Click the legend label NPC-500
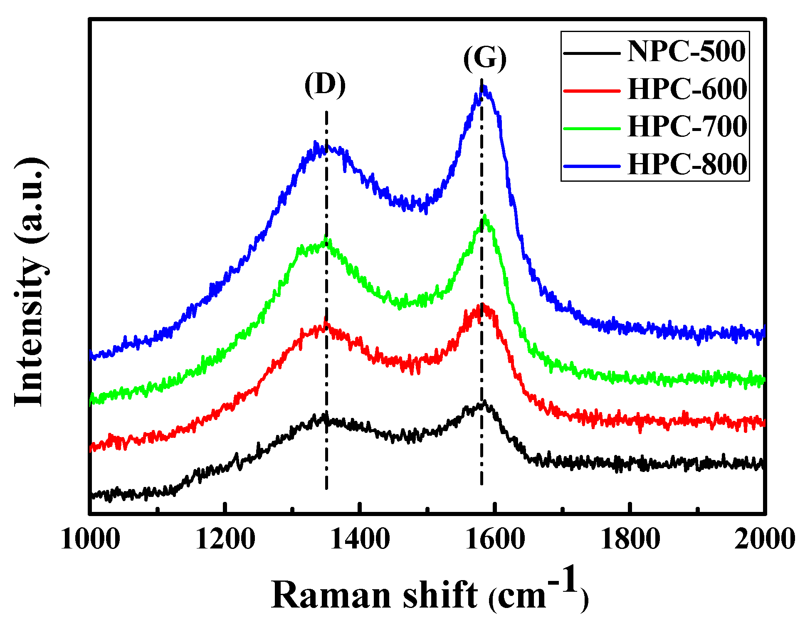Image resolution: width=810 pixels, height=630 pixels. pos(686,52)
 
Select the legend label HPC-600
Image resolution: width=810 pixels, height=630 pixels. pos(687,89)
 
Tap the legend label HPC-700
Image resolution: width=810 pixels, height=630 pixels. pos(687,126)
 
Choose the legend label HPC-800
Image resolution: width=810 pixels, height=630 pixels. pos(687,164)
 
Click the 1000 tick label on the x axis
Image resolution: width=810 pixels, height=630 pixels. pos(90,539)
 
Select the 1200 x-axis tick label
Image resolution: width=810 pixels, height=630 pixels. pos(225,539)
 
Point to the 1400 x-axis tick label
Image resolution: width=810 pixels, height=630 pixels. pos(360,539)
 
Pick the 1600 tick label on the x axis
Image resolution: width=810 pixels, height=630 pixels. pos(495,539)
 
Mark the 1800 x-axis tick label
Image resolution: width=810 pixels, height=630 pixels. pos(630,539)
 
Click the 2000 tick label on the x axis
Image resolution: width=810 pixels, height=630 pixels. pos(764,539)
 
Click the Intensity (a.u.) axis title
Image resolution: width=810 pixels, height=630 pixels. pos(31,283)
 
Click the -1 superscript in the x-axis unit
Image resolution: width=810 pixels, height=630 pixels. pos(564,580)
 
